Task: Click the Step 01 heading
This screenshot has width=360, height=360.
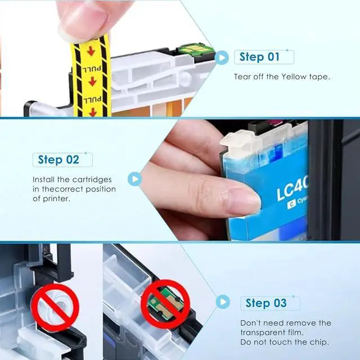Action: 259,57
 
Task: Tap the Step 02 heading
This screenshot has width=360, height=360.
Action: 58,160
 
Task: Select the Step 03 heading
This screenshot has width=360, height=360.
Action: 266,303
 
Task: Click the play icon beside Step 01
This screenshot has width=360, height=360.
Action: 222,57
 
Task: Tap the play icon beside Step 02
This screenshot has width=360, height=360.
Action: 134,179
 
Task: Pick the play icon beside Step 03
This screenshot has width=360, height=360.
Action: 223,301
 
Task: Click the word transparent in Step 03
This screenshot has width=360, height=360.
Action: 262,332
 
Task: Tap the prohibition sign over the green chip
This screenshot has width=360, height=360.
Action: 165,304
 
